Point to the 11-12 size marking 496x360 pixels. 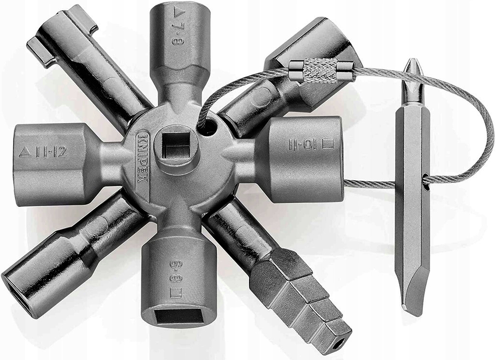tap(51, 153)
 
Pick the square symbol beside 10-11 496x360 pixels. tap(328, 143)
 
